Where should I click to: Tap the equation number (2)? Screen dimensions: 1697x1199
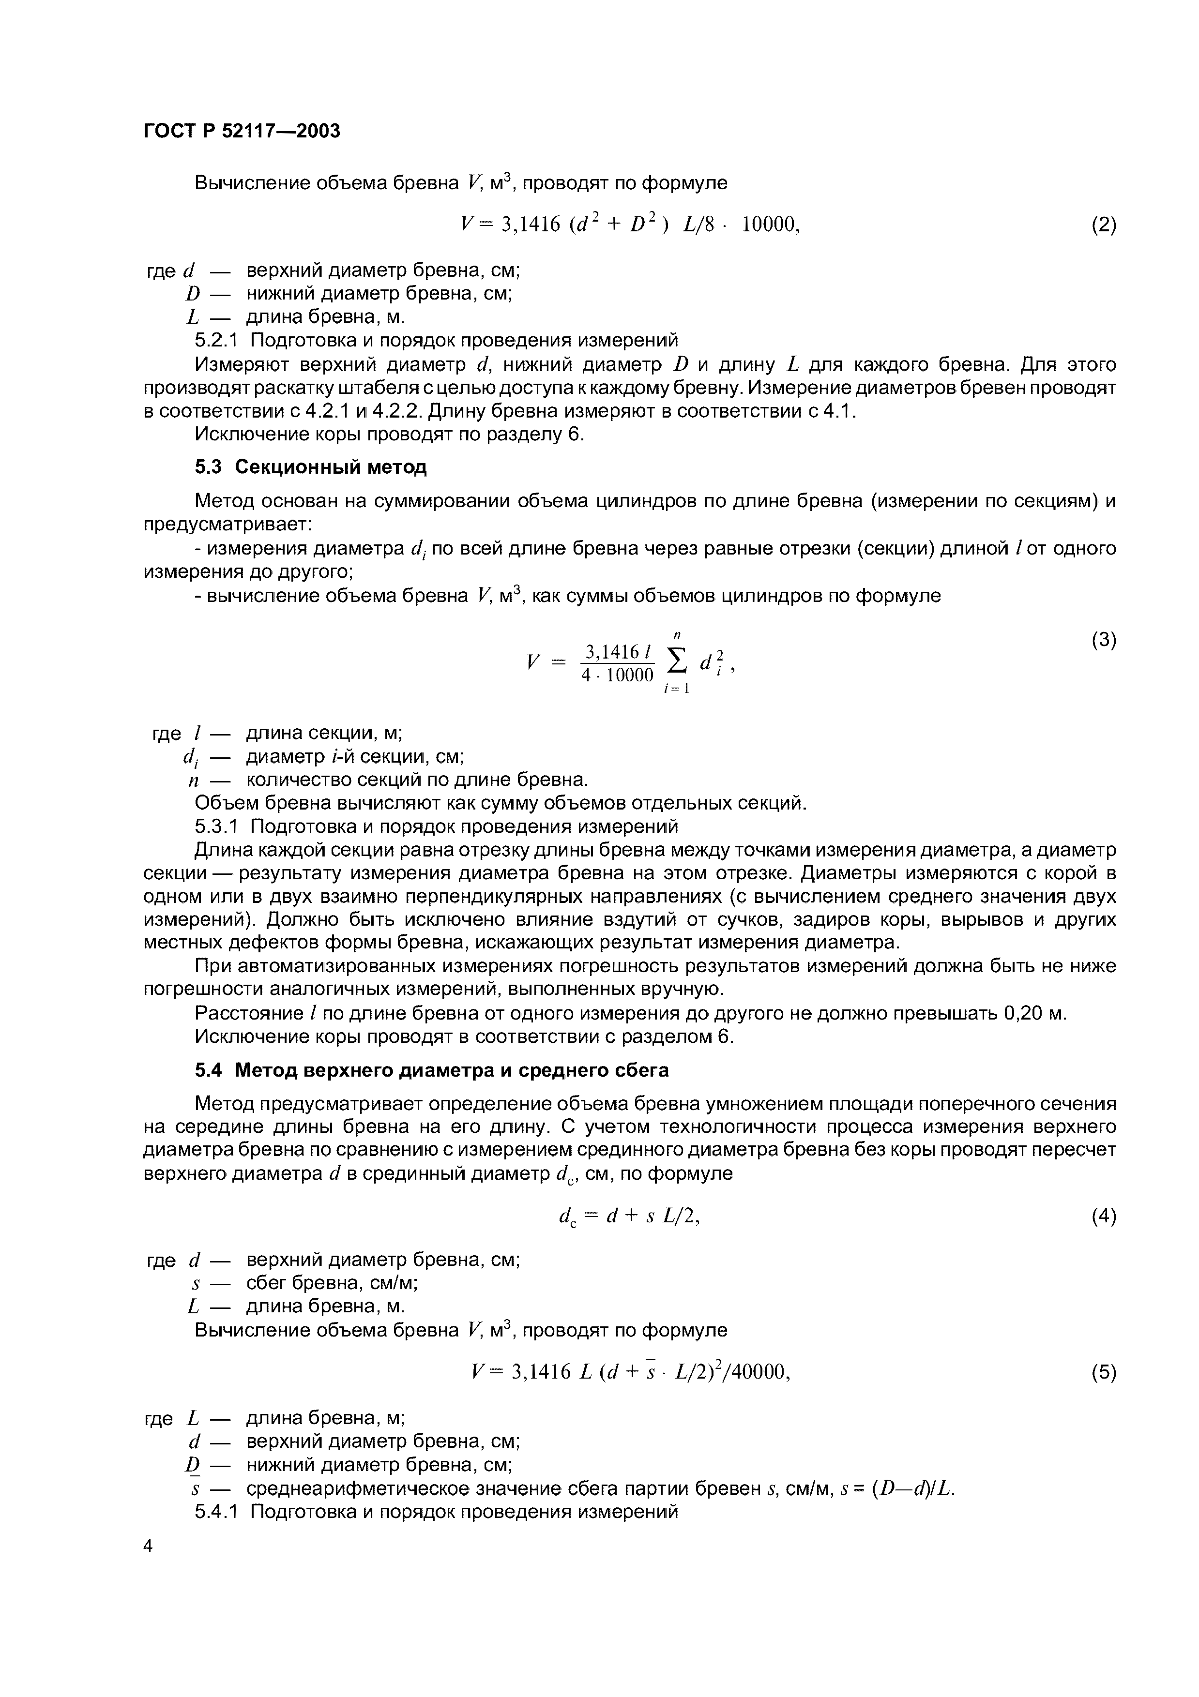(1103, 225)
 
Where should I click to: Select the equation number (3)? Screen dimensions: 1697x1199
(1103, 640)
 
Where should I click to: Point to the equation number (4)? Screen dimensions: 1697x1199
(1103, 1216)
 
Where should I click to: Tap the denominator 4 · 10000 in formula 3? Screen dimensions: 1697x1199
(617, 675)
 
